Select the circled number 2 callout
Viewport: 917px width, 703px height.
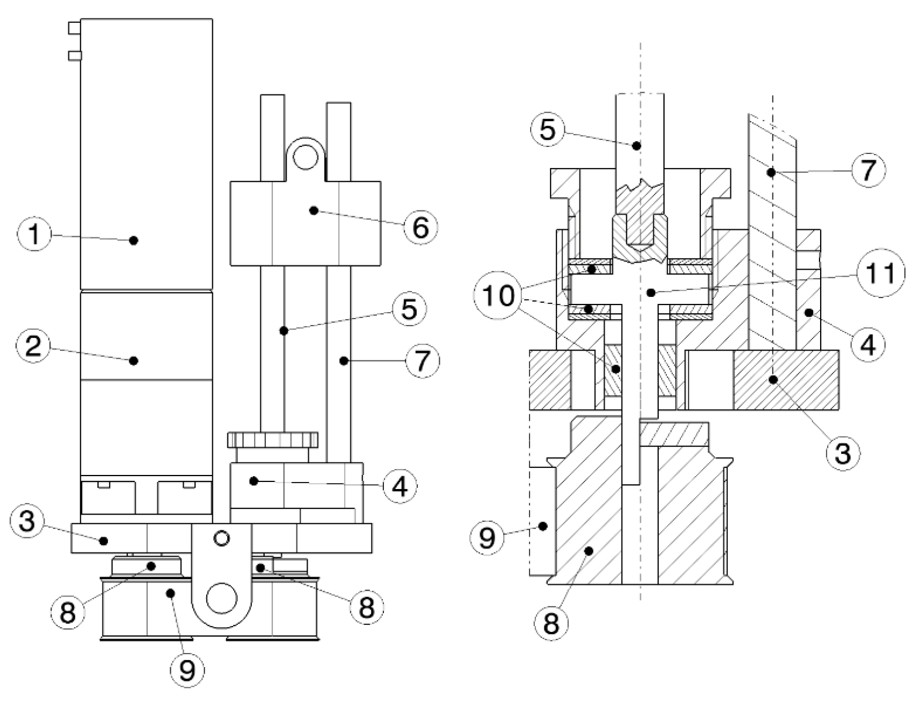click(x=33, y=346)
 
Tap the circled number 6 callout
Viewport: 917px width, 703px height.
click(x=420, y=227)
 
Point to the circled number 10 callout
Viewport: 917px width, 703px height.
click(x=499, y=297)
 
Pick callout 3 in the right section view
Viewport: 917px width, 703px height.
click(x=843, y=453)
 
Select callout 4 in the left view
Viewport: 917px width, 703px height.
click(x=400, y=487)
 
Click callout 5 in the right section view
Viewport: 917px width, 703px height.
click(x=547, y=130)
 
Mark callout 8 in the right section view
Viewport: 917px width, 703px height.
click(x=551, y=622)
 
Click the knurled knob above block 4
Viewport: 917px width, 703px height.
click(x=272, y=439)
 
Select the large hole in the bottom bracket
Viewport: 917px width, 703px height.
click(x=221, y=599)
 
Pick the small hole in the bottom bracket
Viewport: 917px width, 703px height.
click(x=221, y=537)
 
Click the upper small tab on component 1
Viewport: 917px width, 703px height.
click(x=74, y=28)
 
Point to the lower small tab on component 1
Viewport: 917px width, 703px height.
click(x=74, y=56)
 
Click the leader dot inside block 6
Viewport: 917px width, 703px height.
click(x=313, y=210)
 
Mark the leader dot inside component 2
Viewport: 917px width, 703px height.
click(x=134, y=360)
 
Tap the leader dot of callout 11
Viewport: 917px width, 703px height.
click(x=649, y=292)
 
